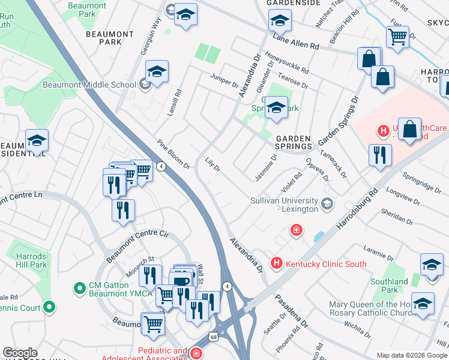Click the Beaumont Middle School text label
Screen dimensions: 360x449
(89, 85)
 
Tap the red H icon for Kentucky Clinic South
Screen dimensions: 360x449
(277, 263)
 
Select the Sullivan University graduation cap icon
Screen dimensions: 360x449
(327, 204)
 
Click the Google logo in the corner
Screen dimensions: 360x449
(20, 353)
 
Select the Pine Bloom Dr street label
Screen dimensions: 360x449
(173, 154)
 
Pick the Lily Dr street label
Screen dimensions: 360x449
(213, 163)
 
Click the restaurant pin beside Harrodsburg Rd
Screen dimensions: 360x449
(380, 155)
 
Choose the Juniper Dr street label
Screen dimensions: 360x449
(224, 80)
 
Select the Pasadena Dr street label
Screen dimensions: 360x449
(292, 310)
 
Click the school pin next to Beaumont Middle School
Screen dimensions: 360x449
(157, 72)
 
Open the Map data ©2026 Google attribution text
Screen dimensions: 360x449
(412, 355)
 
